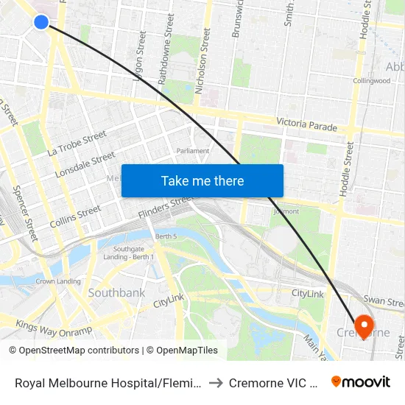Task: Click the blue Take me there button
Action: (202, 180)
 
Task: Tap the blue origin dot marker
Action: (41, 22)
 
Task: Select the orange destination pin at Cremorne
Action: (364, 325)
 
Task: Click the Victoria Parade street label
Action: (306, 125)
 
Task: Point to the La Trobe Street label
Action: (77, 144)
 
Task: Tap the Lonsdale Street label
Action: (85, 165)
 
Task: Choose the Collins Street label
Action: (75, 216)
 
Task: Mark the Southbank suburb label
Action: (116, 292)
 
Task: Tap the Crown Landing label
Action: (58, 281)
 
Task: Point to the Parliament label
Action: (193, 151)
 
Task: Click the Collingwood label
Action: (371, 81)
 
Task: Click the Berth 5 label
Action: (166, 236)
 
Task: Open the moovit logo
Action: (360, 382)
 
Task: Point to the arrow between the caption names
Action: (214, 383)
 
